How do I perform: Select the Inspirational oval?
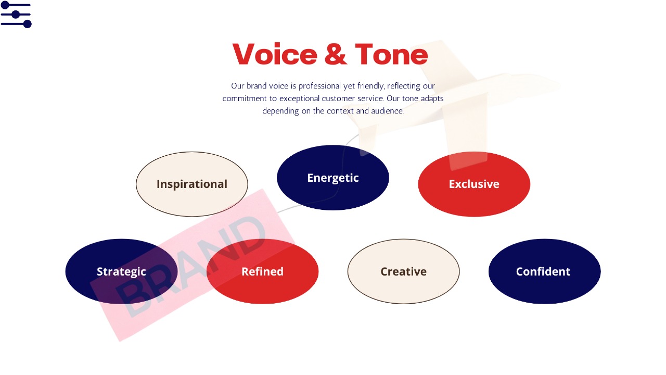point(192,184)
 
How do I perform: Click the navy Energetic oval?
point(332,178)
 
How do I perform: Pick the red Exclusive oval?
point(474,184)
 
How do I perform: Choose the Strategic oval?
point(121,271)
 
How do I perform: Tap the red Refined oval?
point(262,271)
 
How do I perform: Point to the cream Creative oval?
point(403,271)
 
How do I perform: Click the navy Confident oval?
point(544,271)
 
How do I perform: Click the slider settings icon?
point(16,15)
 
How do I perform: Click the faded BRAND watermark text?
point(190,266)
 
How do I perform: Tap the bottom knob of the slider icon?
point(28,24)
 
